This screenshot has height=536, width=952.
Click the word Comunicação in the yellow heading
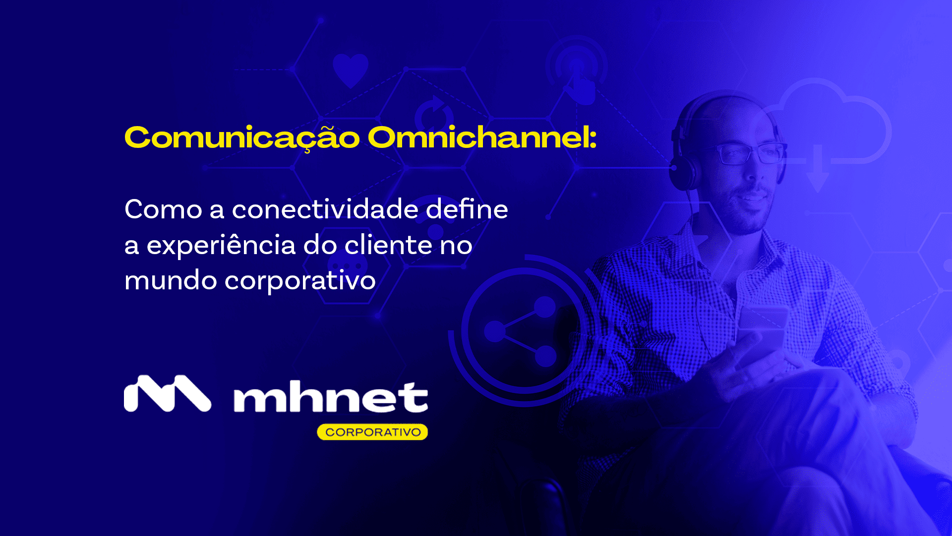(242, 138)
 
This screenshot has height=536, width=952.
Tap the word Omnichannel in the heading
(481, 137)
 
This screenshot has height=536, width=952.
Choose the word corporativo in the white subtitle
(300, 281)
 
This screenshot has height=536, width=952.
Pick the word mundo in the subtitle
(170, 281)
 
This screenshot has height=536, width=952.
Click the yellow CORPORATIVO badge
(372, 432)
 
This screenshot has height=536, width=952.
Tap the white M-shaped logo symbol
(167, 394)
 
